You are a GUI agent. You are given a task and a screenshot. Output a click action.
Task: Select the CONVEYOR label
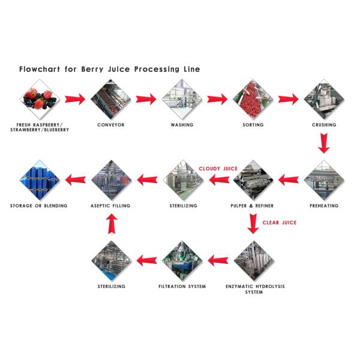click(110, 125)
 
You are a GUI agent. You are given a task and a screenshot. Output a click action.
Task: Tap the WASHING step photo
click(182, 99)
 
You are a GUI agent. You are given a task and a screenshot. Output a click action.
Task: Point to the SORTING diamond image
click(253, 99)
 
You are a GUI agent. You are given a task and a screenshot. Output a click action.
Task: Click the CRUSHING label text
click(324, 125)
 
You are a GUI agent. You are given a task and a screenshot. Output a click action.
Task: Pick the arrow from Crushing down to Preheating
click(324, 143)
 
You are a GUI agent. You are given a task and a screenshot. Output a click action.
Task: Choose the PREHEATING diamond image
click(324, 179)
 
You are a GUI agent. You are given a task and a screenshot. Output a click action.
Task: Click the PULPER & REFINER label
click(253, 206)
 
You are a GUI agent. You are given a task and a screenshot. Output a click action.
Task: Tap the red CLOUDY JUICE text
click(218, 169)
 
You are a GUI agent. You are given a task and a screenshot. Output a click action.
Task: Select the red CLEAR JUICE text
click(279, 223)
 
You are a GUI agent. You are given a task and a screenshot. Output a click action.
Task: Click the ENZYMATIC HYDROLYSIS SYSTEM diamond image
click(253, 260)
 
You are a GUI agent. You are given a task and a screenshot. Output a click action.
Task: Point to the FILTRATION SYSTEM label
click(182, 286)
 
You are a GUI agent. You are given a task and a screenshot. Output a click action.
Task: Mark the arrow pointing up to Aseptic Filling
click(110, 224)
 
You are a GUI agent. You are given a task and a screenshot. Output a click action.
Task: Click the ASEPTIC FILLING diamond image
click(110, 179)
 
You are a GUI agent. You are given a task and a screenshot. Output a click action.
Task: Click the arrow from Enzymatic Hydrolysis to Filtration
click(217, 260)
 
